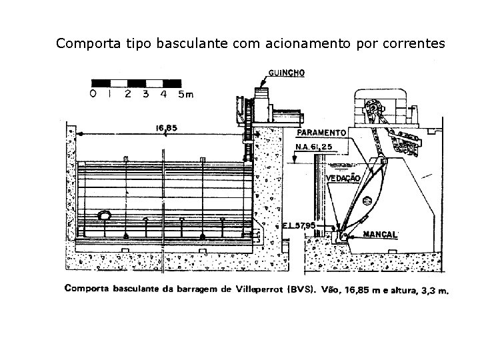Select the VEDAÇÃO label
click(x=343, y=178)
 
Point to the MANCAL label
click(x=381, y=235)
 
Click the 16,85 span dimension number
click(x=167, y=129)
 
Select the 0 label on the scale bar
click(x=93, y=95)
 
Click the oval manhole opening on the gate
click(x=105, y=216)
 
